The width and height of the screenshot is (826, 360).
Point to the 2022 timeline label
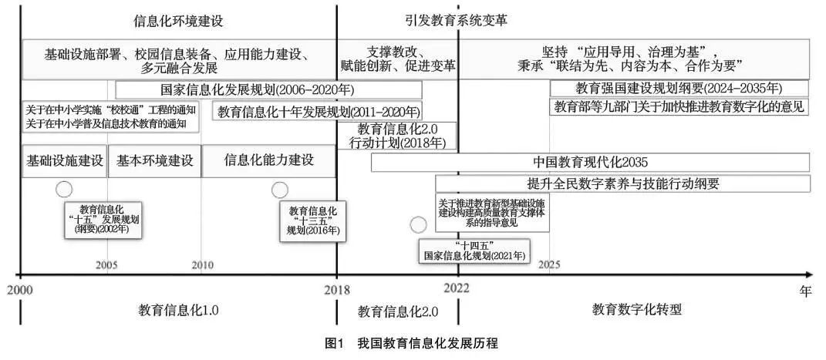pos(457,288)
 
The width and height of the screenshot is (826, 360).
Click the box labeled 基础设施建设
pos(65,161)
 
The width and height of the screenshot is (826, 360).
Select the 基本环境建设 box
pos(154,161)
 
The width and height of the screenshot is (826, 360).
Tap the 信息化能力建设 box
pos(268,161)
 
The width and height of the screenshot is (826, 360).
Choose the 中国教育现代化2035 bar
pos(590,163)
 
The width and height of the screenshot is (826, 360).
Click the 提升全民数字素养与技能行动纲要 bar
pos(622,183)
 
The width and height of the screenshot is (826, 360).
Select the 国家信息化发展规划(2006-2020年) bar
pos(268,89)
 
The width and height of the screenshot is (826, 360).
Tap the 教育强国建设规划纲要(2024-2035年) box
pos(679,88)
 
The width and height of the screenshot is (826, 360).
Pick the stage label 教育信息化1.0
pos(179,311)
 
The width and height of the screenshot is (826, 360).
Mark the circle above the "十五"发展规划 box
pos(64,189)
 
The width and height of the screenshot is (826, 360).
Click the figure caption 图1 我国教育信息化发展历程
pos(412,343)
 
